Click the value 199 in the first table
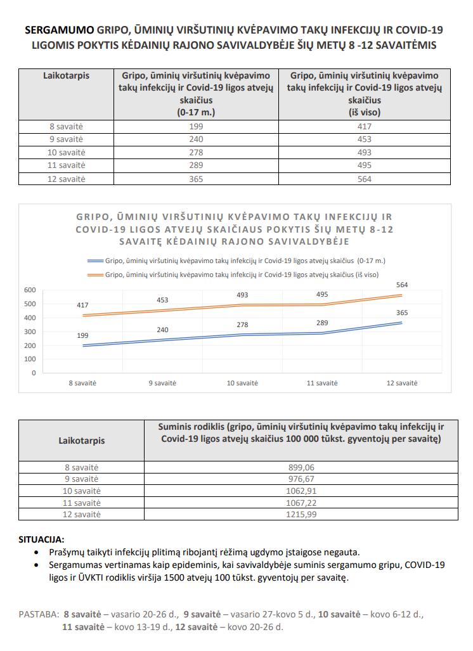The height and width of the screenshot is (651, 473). [196, 127]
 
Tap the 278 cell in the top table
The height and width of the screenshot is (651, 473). [196, 153]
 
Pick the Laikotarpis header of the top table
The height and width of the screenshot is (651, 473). [66, 75]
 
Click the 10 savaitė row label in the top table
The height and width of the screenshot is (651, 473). [66, 153]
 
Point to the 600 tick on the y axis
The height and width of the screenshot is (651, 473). [30, 290]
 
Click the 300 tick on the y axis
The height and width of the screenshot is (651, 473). [30, 332]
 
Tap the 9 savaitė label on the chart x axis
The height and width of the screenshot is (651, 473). [163, 384]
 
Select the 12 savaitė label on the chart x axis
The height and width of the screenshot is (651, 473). [403, 384]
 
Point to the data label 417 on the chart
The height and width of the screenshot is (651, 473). [83, 306]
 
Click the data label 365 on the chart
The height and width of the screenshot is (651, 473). [402, 313]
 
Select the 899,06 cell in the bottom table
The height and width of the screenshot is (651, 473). [301, 467]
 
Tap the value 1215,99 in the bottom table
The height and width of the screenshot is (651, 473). [301, 514]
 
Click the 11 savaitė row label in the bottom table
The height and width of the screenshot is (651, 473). [82, 502]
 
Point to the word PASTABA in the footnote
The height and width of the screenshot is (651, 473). [38, 614]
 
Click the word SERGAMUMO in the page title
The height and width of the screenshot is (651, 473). [60, 30]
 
